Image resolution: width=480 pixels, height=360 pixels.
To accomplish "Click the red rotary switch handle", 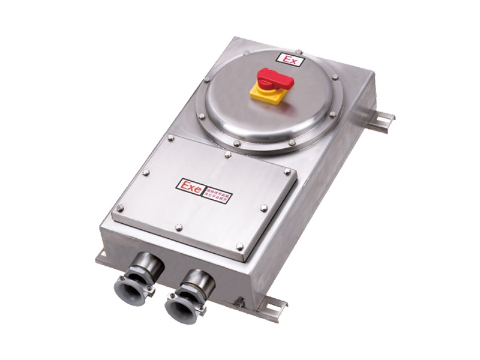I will [x=275, y=79].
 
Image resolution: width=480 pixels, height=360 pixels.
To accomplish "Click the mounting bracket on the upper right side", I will [x=380, y=120].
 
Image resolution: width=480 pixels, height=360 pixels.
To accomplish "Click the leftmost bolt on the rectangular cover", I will [x=120, y=208].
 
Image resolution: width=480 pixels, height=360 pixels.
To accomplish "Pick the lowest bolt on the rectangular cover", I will [x=239, y=246].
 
